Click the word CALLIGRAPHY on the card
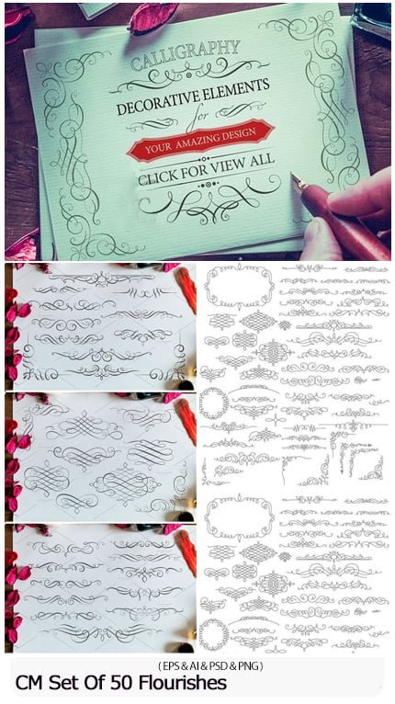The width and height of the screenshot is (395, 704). pyautogui.click(x=185, y=55)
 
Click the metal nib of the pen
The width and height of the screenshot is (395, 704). pyautogui.click(x=299, y=183)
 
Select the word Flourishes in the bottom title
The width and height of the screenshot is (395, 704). pyautogui.click(x=182, y=683)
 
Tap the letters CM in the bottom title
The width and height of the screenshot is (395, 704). pyautogui.click(x=29, y=683)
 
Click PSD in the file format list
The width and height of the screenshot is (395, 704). pyautogui.click(x=219, y=666)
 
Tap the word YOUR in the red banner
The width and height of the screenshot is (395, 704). pyautogui.click(x=158, y=147)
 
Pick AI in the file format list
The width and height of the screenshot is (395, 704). pyautogui.click(x=195, y=666)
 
